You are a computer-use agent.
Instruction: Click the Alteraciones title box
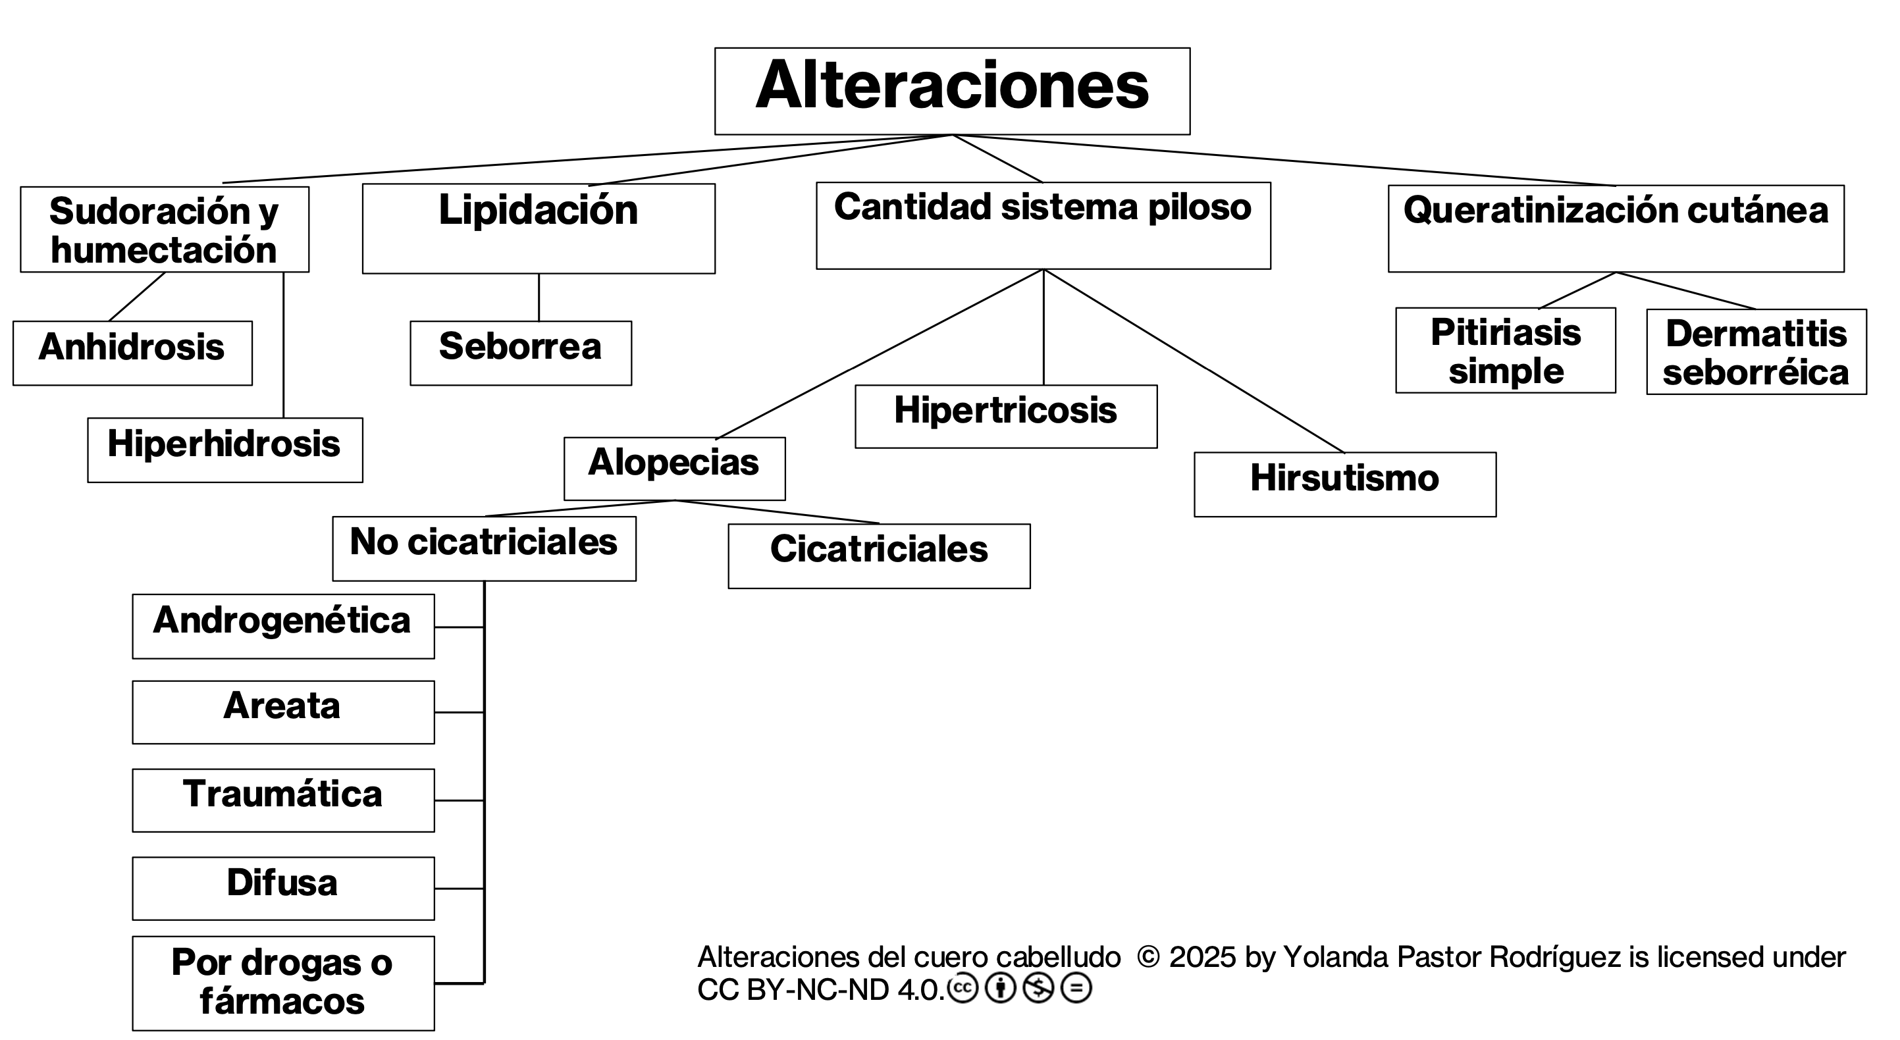951,91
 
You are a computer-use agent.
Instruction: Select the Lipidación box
539,228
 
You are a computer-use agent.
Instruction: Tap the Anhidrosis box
132,353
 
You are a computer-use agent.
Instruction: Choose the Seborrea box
521,353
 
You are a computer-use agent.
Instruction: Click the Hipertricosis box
1005,416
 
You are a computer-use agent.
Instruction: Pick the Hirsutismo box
1344,484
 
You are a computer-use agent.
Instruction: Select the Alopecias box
674,469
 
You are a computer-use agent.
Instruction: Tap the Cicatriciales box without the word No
878,556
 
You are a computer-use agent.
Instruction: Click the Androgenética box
283,625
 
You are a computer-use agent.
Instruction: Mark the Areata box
283,712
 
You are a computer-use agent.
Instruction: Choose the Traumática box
283,800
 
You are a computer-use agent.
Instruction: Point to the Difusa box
283,887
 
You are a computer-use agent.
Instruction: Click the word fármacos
282,1001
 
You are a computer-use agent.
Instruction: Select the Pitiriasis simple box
1506,350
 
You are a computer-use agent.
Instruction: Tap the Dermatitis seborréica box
1756,352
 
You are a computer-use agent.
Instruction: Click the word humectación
164,250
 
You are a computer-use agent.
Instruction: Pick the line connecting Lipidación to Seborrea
539,298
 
